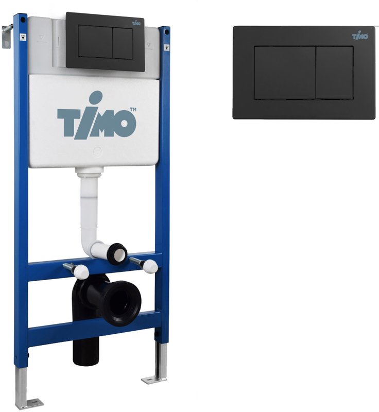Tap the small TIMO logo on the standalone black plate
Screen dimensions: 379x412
pos(360,36)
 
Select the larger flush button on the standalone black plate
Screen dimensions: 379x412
pos(285,73)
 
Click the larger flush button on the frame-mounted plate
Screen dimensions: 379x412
pos(95,42)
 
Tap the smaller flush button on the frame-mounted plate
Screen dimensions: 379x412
pos(123,43)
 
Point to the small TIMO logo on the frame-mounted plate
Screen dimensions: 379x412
pos(136,23)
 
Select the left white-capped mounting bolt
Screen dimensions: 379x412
pos(77,270)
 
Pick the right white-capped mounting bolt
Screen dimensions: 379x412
pos(145,263)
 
